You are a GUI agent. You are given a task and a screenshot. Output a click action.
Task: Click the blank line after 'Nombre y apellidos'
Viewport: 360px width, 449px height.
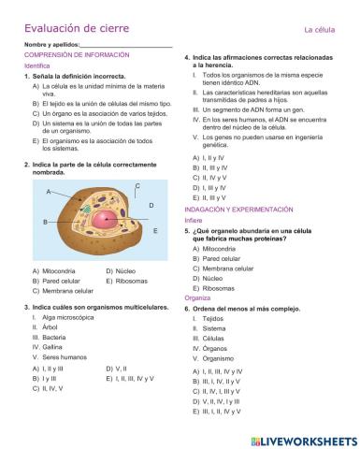pos(126,45)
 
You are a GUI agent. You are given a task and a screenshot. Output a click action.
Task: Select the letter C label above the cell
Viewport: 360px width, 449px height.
pos(137,186)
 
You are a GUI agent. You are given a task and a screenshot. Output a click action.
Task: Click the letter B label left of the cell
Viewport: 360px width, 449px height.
pos(45,222)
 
